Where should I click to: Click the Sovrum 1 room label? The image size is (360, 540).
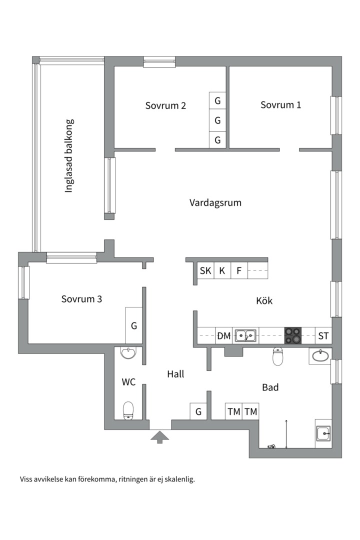click(x=280, y=105)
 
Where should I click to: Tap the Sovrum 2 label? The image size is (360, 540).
click(x=166, y=105)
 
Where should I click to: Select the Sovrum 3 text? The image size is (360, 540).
click(x=82, y=299)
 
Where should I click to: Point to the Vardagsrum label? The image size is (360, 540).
click(x=215, y=202)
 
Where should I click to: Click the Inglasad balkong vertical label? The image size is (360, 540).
click(x=69, y=156)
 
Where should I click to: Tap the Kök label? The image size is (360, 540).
click(x=264, y=301)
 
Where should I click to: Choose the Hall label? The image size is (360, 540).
click(x=175, y=373)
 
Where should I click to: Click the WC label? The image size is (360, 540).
click(x=128, y=382)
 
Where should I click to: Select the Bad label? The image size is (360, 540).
click(x=270, y=387)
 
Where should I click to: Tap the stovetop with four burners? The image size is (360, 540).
click(x=293, y=335)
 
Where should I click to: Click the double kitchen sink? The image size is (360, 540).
click(x=245, y=335)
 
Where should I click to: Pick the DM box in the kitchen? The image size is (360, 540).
click(x=223, y=336)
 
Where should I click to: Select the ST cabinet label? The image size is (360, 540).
click(x=323, y=336)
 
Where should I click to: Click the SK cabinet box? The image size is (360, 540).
click(x=205, y=271)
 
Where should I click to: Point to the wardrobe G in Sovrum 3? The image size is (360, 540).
click(x=134, y=325)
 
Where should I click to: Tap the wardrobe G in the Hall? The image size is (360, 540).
click(x=198, y=411)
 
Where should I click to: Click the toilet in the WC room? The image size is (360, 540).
click(x=128, y=410)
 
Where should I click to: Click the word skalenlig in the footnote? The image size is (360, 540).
click(x=178, y=479)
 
